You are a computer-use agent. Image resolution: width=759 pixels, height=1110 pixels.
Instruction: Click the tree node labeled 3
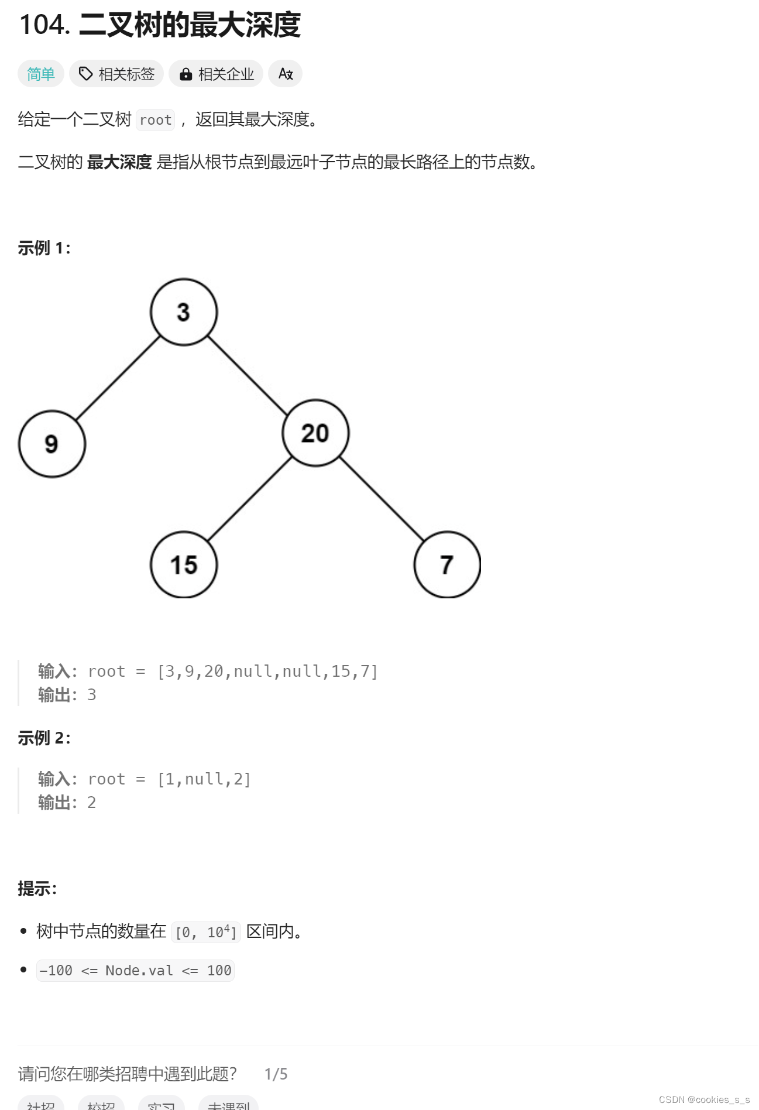click(x=184, y=312)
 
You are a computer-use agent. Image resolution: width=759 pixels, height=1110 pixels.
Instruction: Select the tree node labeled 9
click(x=52, y=444)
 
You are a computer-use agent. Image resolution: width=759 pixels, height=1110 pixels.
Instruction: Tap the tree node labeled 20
click(x=315, y=433)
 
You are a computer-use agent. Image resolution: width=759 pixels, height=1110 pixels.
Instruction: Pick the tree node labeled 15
click(x=184, y=565)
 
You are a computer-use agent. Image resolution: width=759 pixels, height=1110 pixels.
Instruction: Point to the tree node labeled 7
click(x=447, y=565)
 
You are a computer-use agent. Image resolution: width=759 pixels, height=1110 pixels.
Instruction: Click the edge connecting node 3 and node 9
click(x=118, y=378)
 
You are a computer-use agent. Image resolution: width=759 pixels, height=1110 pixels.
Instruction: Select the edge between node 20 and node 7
click(x=382, y=499)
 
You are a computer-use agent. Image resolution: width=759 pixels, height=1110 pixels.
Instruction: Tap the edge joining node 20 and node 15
click(x=250, y=499)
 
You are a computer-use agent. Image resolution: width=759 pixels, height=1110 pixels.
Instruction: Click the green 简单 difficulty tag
click(x=41, y=74)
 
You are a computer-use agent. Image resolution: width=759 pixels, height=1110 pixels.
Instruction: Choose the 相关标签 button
click(x=116, y=74)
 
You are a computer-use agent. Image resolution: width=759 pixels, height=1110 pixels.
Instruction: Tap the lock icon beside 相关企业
click(x=186, y=74)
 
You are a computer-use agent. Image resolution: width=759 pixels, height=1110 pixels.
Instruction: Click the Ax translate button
click(x=285, y=74)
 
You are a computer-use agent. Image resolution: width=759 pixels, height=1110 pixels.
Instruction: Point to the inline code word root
click(x=156, y=120)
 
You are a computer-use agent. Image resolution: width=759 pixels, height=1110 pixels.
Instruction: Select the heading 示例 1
click(x=44, y=248)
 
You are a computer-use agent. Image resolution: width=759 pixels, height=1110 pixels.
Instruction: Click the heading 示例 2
click(x=44, y=738)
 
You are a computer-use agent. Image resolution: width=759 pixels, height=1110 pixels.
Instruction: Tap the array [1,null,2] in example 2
click(x=204, y=779)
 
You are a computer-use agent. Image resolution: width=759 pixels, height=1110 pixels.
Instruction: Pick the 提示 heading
click(x=37, y=889)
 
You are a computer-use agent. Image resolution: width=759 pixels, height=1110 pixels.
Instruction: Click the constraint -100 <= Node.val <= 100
click(x=135, y=971)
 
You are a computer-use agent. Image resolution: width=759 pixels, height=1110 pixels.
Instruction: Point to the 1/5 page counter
click(x=276, y=1074)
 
